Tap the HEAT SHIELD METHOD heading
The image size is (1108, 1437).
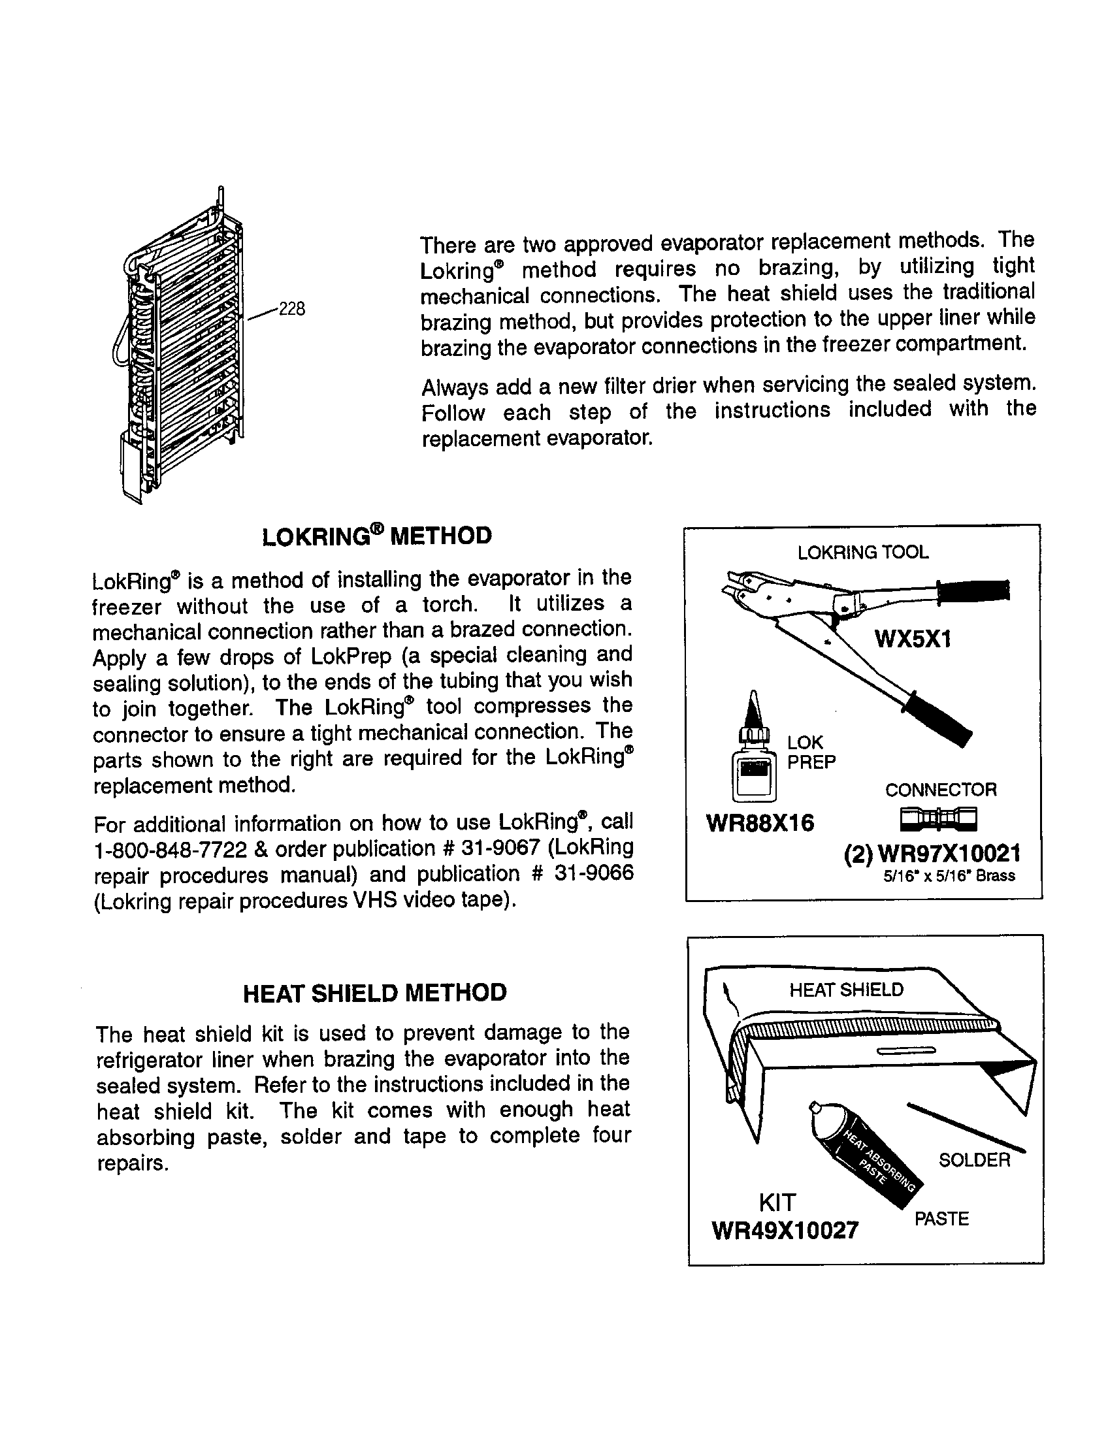tap(375, 992)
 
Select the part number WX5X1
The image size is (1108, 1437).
tap(913, 639)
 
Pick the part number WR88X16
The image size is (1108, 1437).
tap(759, 822)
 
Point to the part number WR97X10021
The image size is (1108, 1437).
tap(949, 854)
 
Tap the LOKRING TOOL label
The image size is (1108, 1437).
tap(862, 552)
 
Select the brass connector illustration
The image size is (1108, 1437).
tap(939, 818)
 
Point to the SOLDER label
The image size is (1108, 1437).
tap(974, 1159)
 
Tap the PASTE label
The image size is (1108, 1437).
tap(941, 1219)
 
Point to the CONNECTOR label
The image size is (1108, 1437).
tap(940, 790)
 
